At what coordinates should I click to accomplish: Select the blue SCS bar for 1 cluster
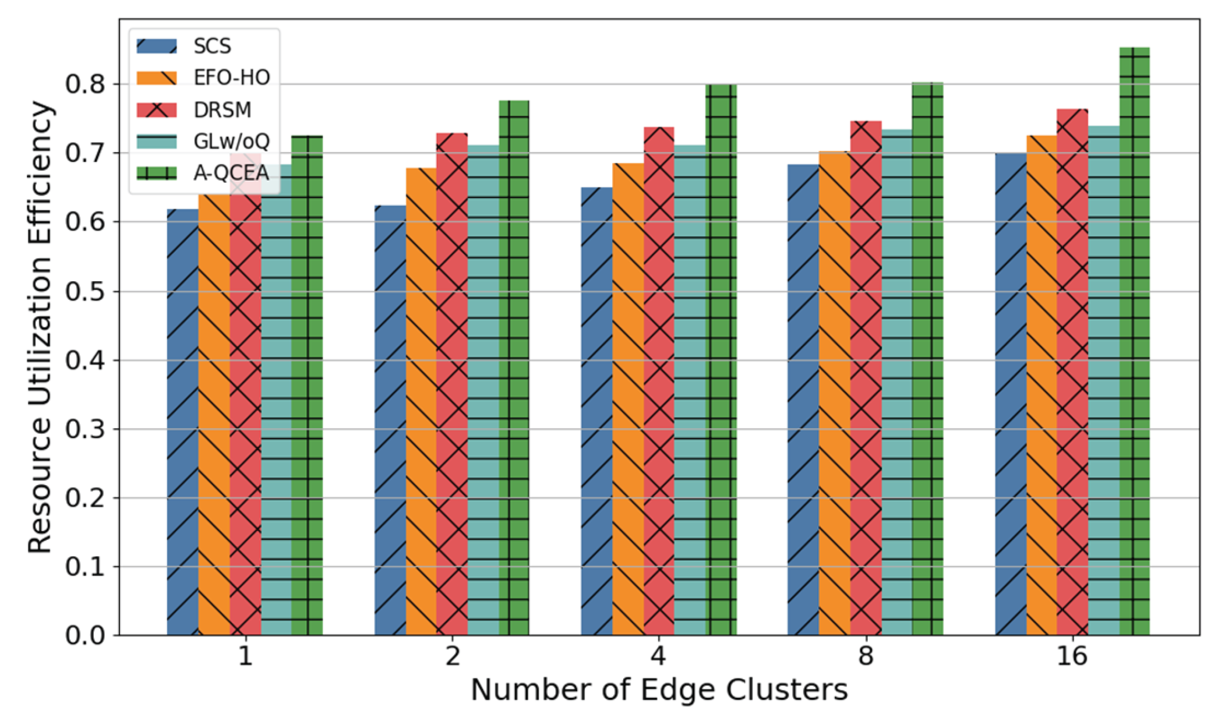[x=182, y=422]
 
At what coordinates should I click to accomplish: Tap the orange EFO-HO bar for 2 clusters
[x=421, y=401]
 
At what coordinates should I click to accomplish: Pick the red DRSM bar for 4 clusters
[x=659, y=381]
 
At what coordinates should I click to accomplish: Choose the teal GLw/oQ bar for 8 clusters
[x=896, y=382]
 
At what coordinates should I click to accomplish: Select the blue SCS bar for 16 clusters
[x=1011, y=394]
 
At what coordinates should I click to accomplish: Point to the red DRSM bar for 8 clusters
[x=866, y=378]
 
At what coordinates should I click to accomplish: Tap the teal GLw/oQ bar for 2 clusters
[x=483, y=390]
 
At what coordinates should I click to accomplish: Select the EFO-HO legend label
[x=231, y=77]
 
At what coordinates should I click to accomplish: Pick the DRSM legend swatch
[x=157, y=109]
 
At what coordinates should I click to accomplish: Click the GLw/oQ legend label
[x=231, y=142]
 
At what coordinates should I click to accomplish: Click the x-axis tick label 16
[x=1072, y=656]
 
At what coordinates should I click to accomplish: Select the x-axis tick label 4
[x=658, y=656]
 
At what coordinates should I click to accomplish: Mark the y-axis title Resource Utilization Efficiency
[x=40, y=327]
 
